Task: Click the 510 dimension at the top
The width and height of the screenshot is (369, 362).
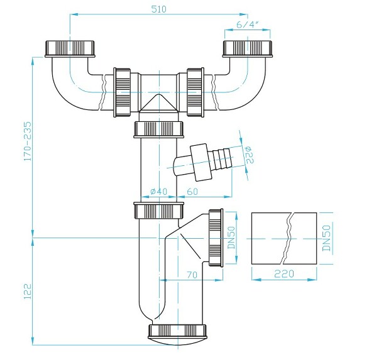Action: coord(158,8)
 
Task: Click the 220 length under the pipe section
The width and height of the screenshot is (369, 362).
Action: coord(284,275)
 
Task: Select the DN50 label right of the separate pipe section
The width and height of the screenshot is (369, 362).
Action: coord(326,239)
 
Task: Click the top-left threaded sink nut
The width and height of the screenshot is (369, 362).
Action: coord(69,48)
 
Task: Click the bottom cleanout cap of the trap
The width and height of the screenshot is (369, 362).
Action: coord(178,334)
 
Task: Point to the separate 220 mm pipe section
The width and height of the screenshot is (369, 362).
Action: coord(284,239)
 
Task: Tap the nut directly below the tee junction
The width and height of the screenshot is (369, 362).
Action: coord(159,129)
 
